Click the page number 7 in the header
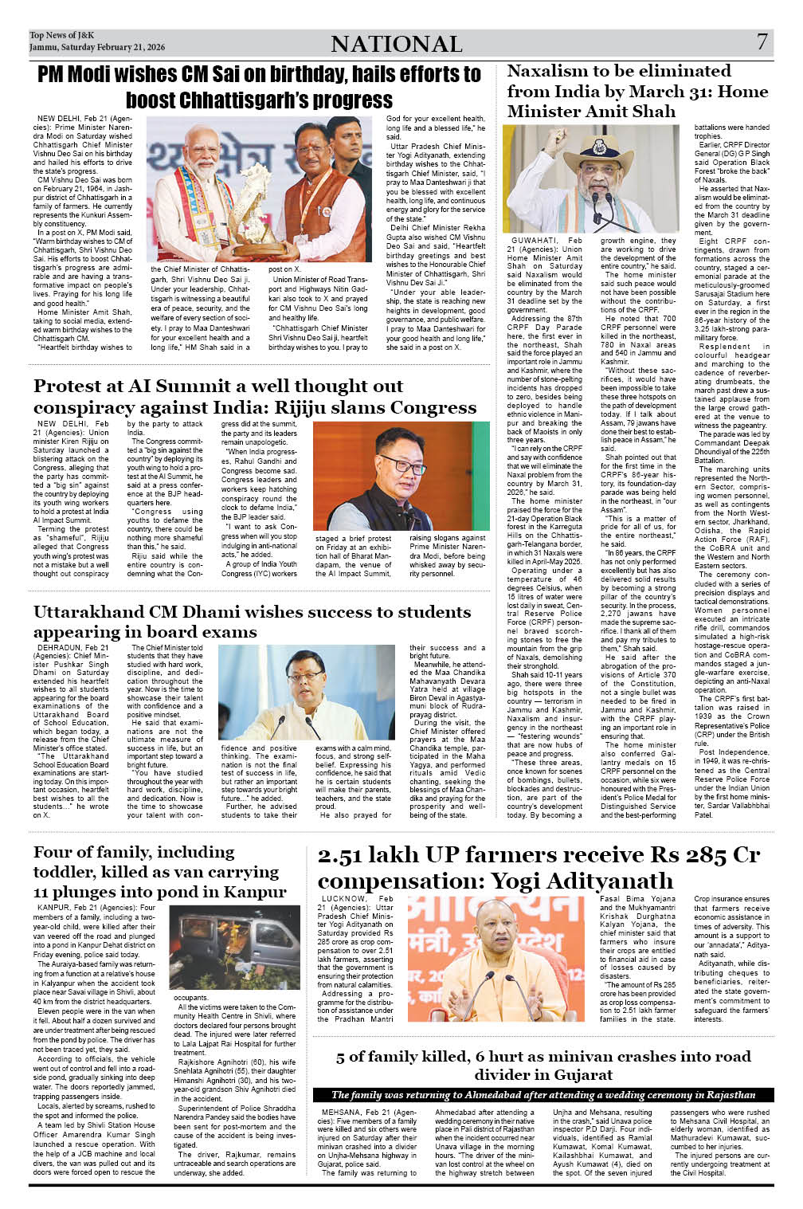click(x=762, y=42)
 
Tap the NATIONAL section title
click(x=396, y=44)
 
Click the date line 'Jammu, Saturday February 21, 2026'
click(x=97, y=48)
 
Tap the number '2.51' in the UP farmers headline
click(x=343, y=856)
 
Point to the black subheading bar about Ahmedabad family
click(x=543, y=1094)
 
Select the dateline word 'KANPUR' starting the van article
click(x=53, y=908)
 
